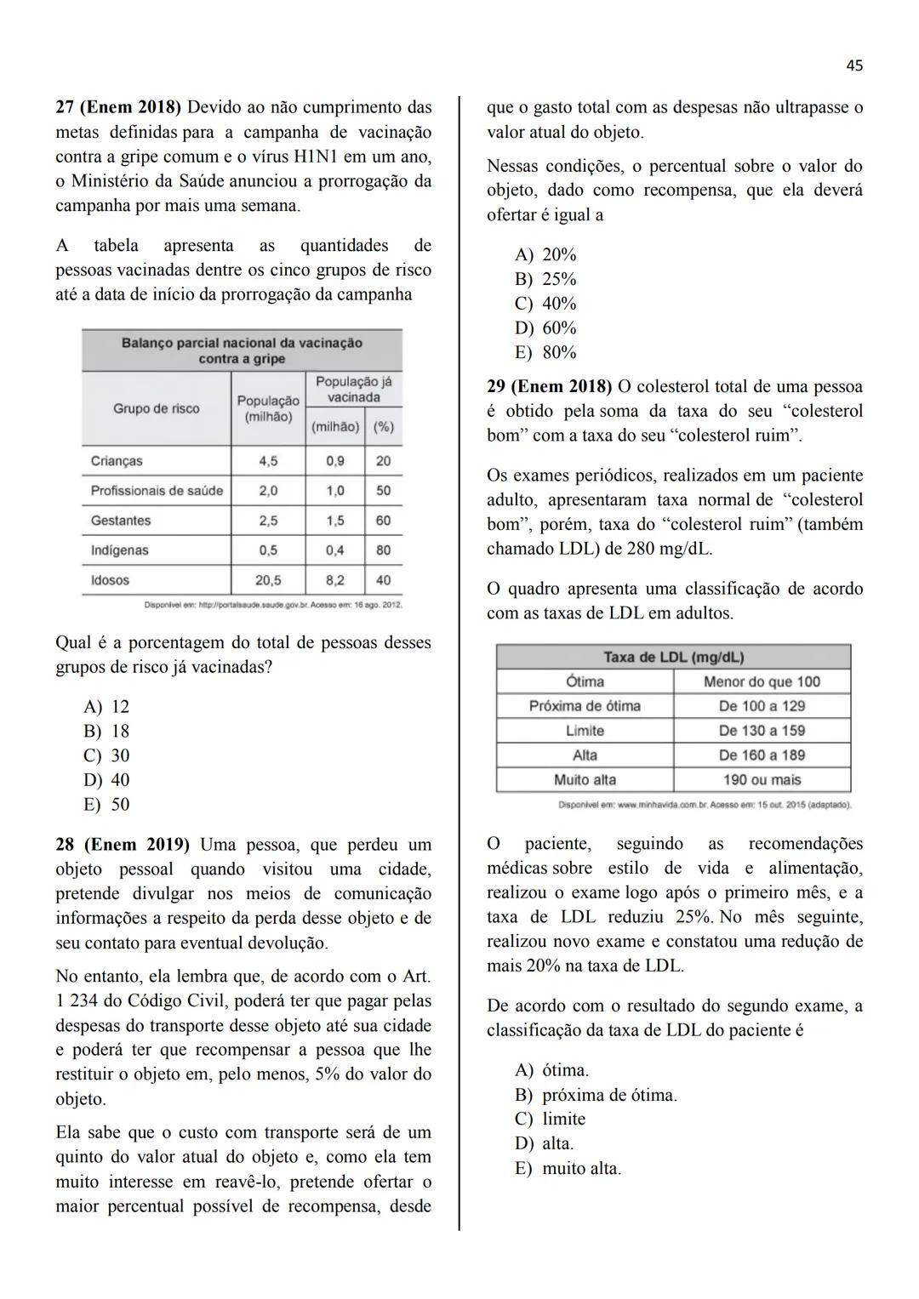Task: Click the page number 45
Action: tap(854, 66)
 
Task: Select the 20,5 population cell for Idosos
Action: tap(268, 580)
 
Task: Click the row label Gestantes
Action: tap(121, 521)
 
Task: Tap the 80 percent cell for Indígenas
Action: tap(383, 550)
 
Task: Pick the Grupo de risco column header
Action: tap(157, 408)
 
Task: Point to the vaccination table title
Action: tap(242, 350)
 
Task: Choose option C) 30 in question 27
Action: tap(106, 755)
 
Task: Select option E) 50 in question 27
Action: tap(106, 805)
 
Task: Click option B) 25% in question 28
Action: tap(545, 279)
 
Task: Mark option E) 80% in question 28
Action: tap(545, 352)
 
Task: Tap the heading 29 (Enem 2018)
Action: tap(549, 386)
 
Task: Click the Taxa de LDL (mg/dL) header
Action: tap(673, 657)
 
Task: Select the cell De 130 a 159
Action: tap(762, 731)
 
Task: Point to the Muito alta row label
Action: tap(585, 780)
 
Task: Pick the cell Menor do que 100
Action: tap(762, 681)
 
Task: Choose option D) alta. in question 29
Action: tap(545, 1143)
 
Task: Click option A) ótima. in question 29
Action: tap(551, 1070)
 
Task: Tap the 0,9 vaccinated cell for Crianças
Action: tap(335, 461)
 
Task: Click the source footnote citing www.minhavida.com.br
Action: tap(705, 805)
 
